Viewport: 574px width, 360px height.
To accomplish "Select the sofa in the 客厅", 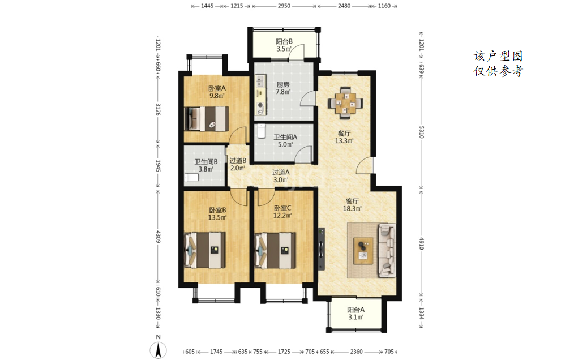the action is (x=387, y=250).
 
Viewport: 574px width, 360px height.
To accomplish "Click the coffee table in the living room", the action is (x=363, y=251).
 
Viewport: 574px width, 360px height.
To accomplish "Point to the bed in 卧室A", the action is (x=207, y=118).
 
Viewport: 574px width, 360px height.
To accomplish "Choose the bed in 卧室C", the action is (x=275, y=250).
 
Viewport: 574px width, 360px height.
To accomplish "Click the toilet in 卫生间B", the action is (x=191, y=178).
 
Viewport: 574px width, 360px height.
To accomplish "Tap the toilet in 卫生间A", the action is (x=261, y=131).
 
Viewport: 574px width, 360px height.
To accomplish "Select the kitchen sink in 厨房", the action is (x=260, y=80).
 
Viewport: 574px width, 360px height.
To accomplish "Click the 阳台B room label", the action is (x=284, y=41).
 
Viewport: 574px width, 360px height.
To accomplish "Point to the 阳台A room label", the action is (x=356, y=310).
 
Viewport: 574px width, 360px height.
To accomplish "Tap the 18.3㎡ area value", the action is (x=352, y=209).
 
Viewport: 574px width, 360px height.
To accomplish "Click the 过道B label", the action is (x=238, y=161).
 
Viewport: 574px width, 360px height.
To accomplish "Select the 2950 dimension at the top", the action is (x=284, y=6).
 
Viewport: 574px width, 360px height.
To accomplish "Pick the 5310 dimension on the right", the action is (x=421, y=132).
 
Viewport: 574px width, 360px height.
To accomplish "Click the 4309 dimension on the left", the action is (x=158, y=237).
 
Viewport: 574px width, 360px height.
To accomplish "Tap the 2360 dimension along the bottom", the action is (x=356, y=352).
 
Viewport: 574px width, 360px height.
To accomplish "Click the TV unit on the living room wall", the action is (x=322, y=248).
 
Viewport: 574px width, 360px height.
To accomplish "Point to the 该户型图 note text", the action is (x=498, y=56).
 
